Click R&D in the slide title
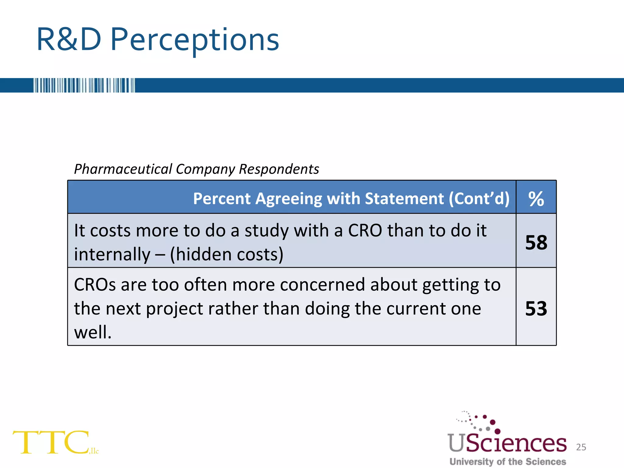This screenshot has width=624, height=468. click(69, 40)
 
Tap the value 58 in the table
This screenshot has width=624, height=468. click(536, 243)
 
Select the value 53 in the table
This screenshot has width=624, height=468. click(536, 308)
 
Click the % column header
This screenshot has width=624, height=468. click(536, 199)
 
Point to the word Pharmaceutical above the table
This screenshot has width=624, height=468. click(123, 169)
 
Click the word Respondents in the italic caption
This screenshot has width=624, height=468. click(279, 169)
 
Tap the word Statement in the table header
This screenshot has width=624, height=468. click(404, 199)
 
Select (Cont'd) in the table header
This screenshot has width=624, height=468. click(479, 199)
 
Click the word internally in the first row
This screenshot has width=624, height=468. click(112, 255)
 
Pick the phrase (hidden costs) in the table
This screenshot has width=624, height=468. click(227, 254)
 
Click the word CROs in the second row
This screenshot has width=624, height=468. click(95, 285)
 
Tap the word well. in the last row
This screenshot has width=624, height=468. click(93, 332)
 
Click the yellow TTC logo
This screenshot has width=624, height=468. click(52, 442)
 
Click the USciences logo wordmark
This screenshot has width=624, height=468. click(507, 443)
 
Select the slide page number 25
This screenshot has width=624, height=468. click(581, 447)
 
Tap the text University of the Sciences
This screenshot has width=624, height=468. click(508, 462)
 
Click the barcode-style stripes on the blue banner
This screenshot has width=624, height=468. click(84, 85)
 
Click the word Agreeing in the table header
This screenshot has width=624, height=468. click(289, 199)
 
